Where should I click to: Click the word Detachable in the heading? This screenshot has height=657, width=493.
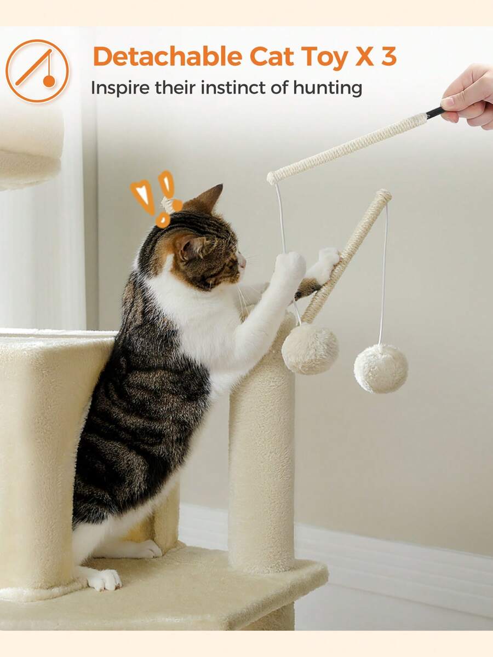click(167, 57)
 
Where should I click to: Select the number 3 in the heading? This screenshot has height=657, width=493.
click(388, 57)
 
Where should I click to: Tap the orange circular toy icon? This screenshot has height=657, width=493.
click(37, 71)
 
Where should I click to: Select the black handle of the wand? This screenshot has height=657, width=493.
click(435, 112)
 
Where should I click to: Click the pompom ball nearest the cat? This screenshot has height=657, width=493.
click(310, 349)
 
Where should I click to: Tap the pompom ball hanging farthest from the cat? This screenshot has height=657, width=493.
click(381, 368)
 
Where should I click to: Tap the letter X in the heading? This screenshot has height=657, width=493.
click(364, 57)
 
